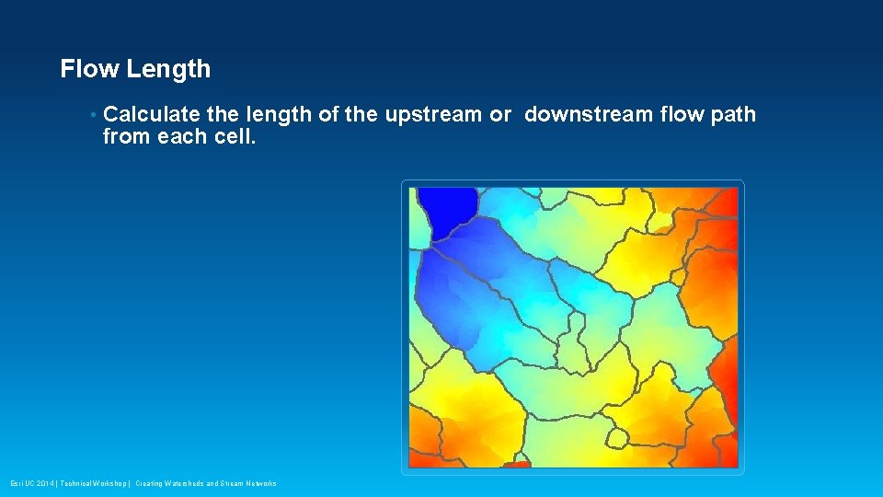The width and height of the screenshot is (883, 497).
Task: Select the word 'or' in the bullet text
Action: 500,115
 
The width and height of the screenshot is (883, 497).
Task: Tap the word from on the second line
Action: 124,137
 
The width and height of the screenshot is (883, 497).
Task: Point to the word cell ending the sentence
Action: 229,137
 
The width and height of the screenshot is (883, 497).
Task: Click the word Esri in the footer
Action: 17,483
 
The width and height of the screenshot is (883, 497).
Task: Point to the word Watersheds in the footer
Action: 184,483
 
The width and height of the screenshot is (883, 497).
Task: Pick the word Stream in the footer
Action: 230,483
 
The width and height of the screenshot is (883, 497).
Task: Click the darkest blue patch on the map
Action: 446,207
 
